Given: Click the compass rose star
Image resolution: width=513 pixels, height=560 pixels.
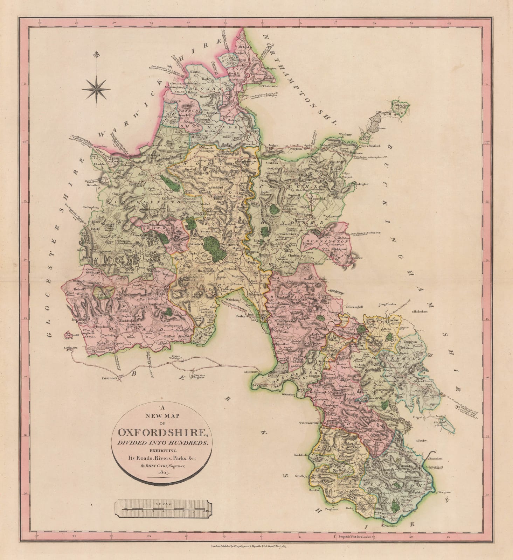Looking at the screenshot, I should [x=95, y=89].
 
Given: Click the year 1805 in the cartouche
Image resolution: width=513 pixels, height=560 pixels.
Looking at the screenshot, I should [x=163, y=472].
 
